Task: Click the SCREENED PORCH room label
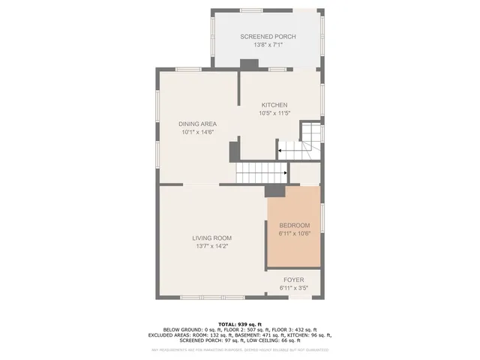[x=268, y=37]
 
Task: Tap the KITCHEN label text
[x=274, y=105]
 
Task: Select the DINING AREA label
[x=197, y=124]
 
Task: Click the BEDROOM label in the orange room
[x=294, y=225]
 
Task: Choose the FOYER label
[x=293, y=280]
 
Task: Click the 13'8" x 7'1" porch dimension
[x=268, y=45]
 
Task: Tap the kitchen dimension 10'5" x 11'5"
[x=274, y=113]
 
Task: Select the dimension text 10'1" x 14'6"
[x=197, y=132]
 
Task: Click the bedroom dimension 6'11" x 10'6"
[x=294, y=233]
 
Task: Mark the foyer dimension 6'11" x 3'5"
[x=293, y=287]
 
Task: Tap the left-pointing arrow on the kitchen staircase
[x=280, y=151]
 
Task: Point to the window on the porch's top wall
[x=268, y=11]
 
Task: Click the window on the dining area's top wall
[x=188, y=70]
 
